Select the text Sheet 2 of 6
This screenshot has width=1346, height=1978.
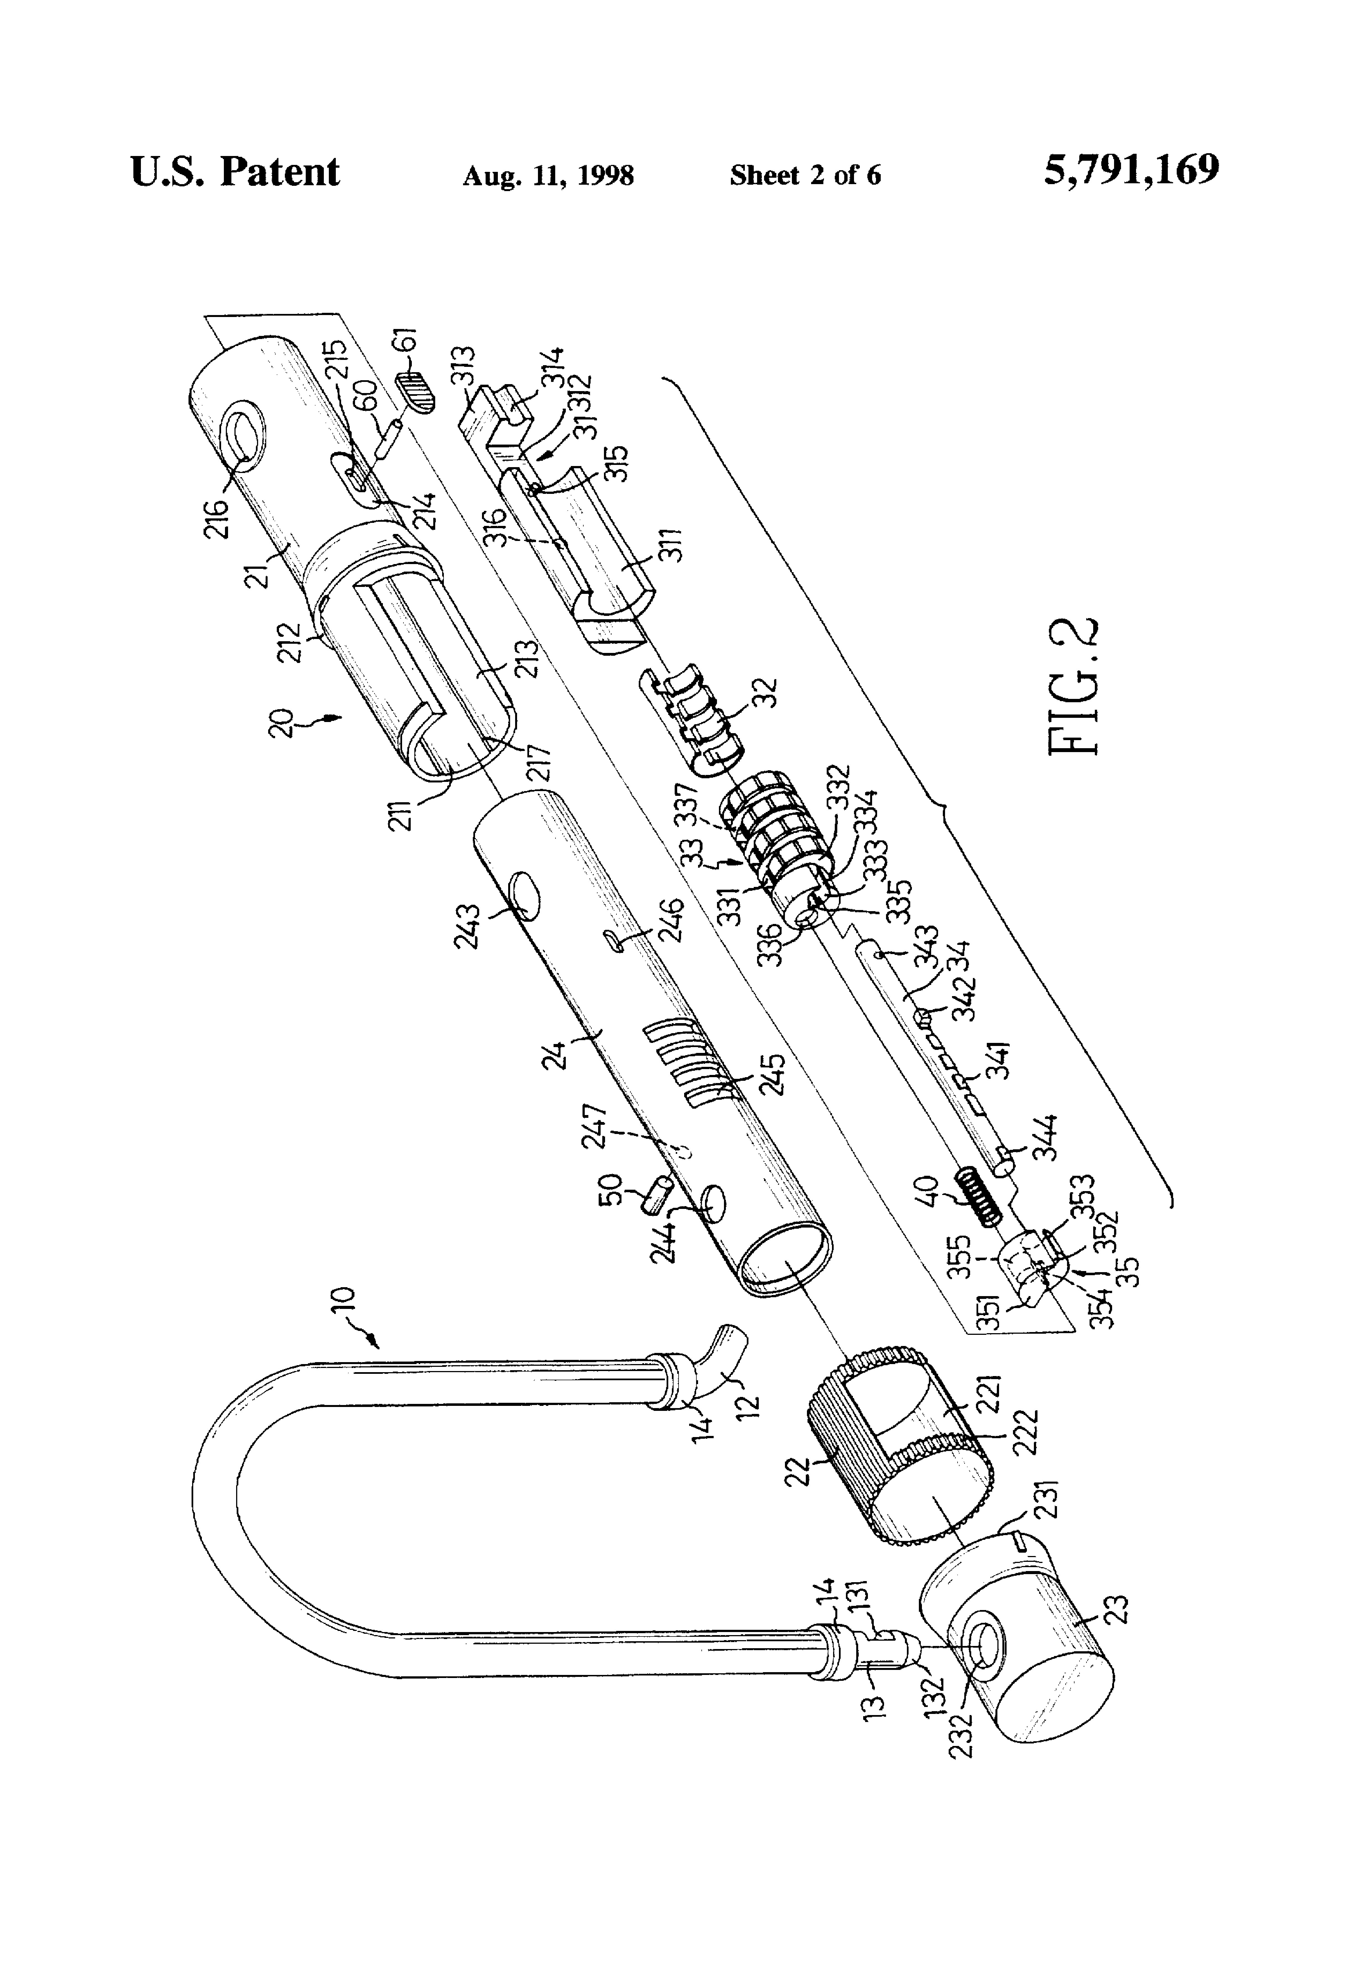coord(805,175)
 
